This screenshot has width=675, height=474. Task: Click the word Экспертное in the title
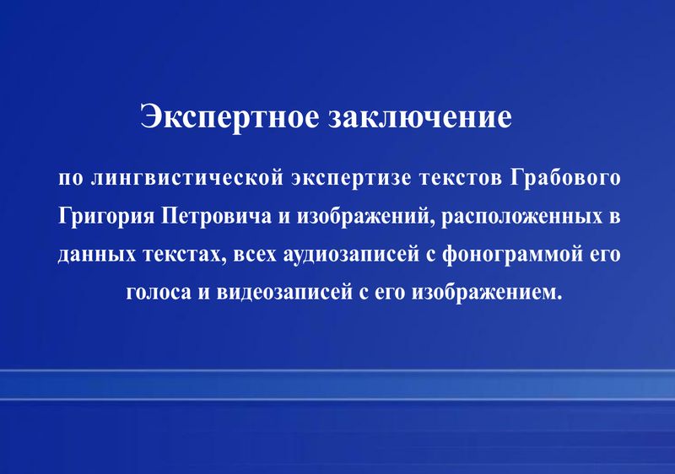point(229,117)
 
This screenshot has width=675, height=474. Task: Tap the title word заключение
point(420,117)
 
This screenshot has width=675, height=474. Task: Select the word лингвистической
point(187,178)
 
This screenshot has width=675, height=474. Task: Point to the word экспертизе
point(351,179)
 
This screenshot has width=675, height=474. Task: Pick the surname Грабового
point(565,178)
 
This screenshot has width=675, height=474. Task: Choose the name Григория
point(106,217)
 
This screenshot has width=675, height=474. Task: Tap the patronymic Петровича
point(217,216)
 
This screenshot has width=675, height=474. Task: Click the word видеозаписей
point(284,293)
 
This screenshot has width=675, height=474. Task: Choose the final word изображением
point(487,293)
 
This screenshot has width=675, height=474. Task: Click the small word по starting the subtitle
point(71,179)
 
